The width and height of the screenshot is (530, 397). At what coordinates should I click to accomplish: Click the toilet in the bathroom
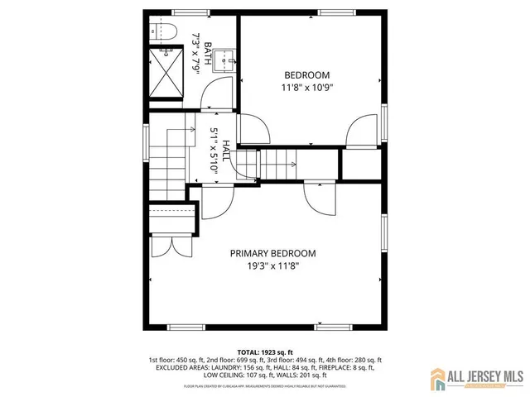pyautogui.click(x=163, y=32)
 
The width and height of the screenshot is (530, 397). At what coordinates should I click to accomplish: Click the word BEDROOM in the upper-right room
pyautogui.click(x=307, y=74)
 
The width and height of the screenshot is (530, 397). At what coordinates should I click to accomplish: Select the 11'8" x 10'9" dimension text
pyautogui.click(x=307, y=86)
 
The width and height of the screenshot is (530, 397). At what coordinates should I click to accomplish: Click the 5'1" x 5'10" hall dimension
pyautogui.click(x=213, y=150)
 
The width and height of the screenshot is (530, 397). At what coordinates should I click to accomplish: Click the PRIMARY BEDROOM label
pyautogui.click(x=272, y=254)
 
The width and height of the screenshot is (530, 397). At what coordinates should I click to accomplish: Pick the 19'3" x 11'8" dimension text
pyautogui.click(x=272, y=266)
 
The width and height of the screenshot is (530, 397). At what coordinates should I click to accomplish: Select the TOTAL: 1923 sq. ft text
pyautogui.click(x=265, y=352)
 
